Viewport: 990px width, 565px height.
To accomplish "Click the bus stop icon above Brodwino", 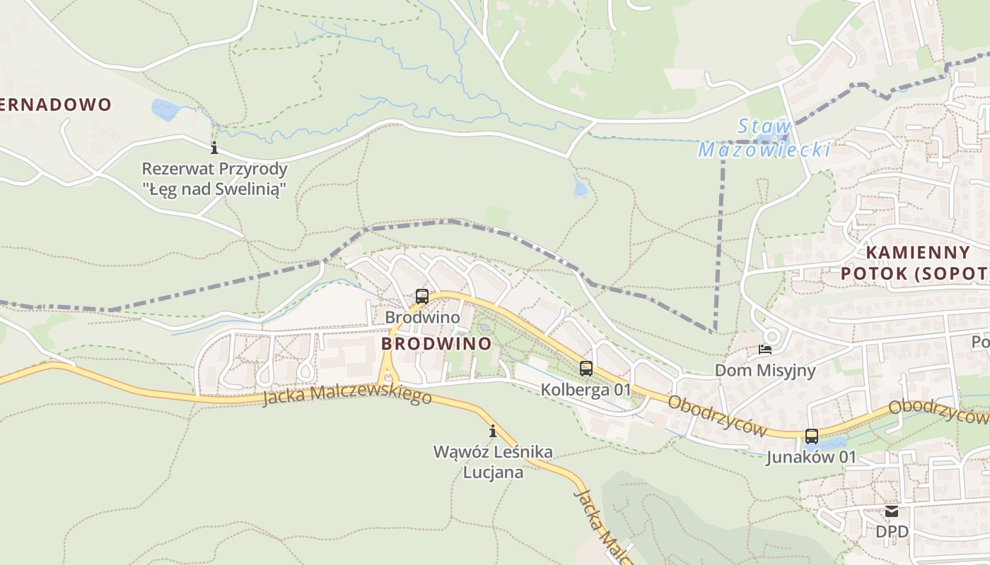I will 422,297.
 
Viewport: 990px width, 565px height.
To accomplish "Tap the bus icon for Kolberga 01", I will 586,368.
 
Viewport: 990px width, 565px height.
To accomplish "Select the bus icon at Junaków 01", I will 811,436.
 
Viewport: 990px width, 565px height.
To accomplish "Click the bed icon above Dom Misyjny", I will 765,349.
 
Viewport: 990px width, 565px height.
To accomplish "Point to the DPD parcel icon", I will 891,511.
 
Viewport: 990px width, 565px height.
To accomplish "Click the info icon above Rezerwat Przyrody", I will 214,148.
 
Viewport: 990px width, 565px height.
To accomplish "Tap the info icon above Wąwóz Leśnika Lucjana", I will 493,431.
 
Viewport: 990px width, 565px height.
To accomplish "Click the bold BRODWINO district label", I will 436,344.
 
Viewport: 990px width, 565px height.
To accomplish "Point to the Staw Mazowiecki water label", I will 764,138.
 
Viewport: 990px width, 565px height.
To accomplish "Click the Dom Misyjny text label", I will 765,370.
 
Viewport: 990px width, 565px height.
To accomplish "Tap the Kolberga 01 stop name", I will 586,389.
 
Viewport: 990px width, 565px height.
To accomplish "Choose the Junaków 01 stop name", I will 811,458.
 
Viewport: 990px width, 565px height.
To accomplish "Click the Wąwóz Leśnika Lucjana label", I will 493,462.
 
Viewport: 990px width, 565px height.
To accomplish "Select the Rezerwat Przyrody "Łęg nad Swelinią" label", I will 214,179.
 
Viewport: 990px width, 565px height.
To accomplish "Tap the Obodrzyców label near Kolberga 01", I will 717,415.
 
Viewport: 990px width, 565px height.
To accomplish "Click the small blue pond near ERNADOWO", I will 165,109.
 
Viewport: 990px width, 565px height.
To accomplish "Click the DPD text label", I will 892,531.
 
